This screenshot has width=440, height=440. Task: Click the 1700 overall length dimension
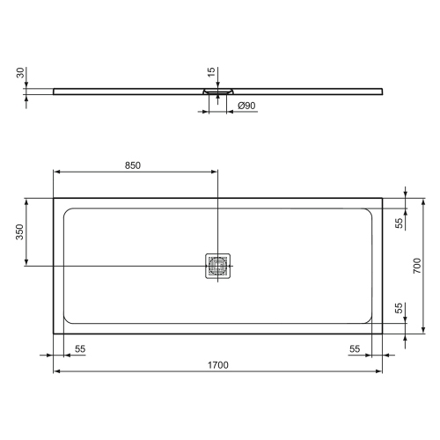coord(218,363)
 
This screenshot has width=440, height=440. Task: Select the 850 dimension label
coord(135,165)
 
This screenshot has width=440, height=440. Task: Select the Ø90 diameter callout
coord(247,106)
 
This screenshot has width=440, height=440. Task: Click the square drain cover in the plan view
coord(218,265)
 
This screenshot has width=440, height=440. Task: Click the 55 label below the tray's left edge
coord(80,348)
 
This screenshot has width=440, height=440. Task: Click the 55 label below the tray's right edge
coord(356,348)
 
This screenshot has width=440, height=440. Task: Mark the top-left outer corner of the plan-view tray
coord(54,197)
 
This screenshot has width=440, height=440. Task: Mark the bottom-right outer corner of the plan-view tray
coord(384,333)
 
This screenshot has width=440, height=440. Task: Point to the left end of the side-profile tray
coord(55,89)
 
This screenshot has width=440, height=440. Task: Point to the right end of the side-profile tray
coord(383,89)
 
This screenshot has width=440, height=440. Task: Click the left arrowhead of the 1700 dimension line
coord(57,370)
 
